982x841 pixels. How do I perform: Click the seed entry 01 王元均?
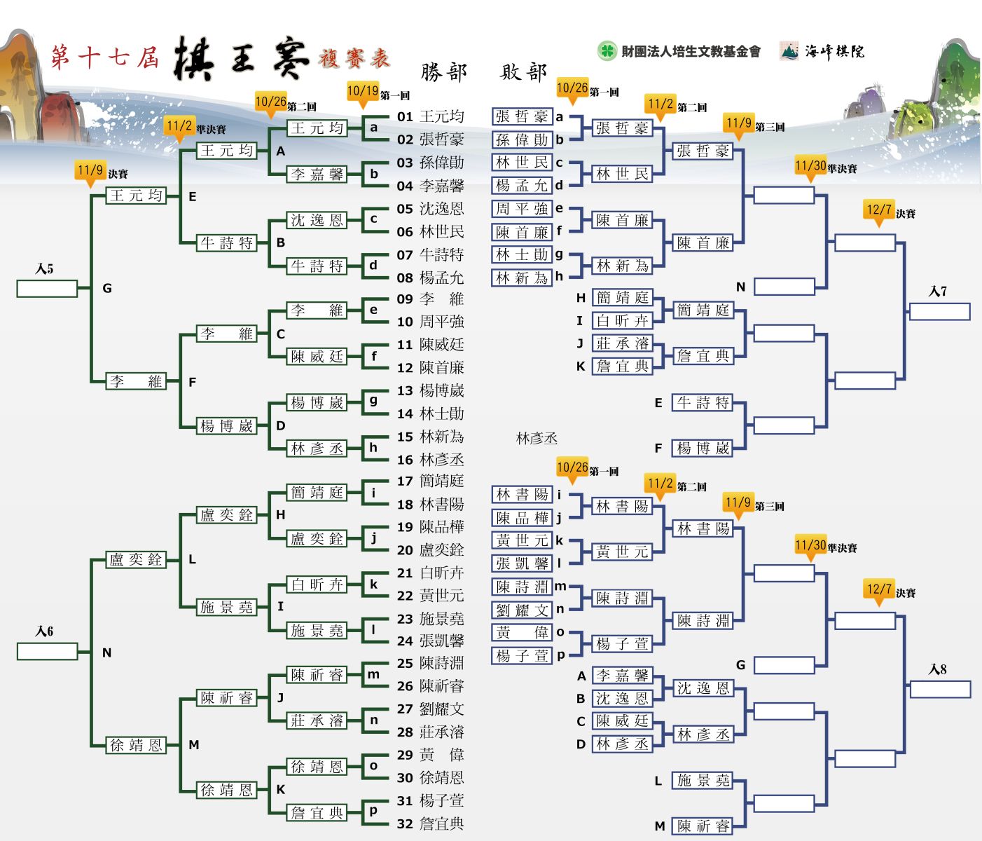click(431, 116)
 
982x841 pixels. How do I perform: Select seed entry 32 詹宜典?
click(431, 824)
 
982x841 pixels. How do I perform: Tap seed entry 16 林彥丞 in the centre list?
click(431, 460)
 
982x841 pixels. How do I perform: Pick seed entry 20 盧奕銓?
click(431, 550)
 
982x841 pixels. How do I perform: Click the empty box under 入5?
click(47, 288)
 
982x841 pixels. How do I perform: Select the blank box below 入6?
click(47, 651)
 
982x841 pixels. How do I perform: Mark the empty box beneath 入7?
click(940, 311)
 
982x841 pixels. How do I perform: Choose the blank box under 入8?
click(940, 690)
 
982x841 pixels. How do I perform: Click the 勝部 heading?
click(444, 72)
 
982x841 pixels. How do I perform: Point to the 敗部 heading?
click(523, 72)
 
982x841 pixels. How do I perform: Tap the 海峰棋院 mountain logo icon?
click(789, 51)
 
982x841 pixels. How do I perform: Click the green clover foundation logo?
click(607, 50)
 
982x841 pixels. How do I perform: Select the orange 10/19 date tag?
click(363, 92)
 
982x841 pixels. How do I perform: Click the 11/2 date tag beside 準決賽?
click(179, 127)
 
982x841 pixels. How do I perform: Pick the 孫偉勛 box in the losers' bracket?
click(522, 139)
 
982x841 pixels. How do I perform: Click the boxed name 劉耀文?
click(522, 610)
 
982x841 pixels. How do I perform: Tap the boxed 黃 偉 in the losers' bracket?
click(522, 633)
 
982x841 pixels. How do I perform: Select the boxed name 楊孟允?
click(522, 186)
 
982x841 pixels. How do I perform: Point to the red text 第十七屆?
click(105, 57)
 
